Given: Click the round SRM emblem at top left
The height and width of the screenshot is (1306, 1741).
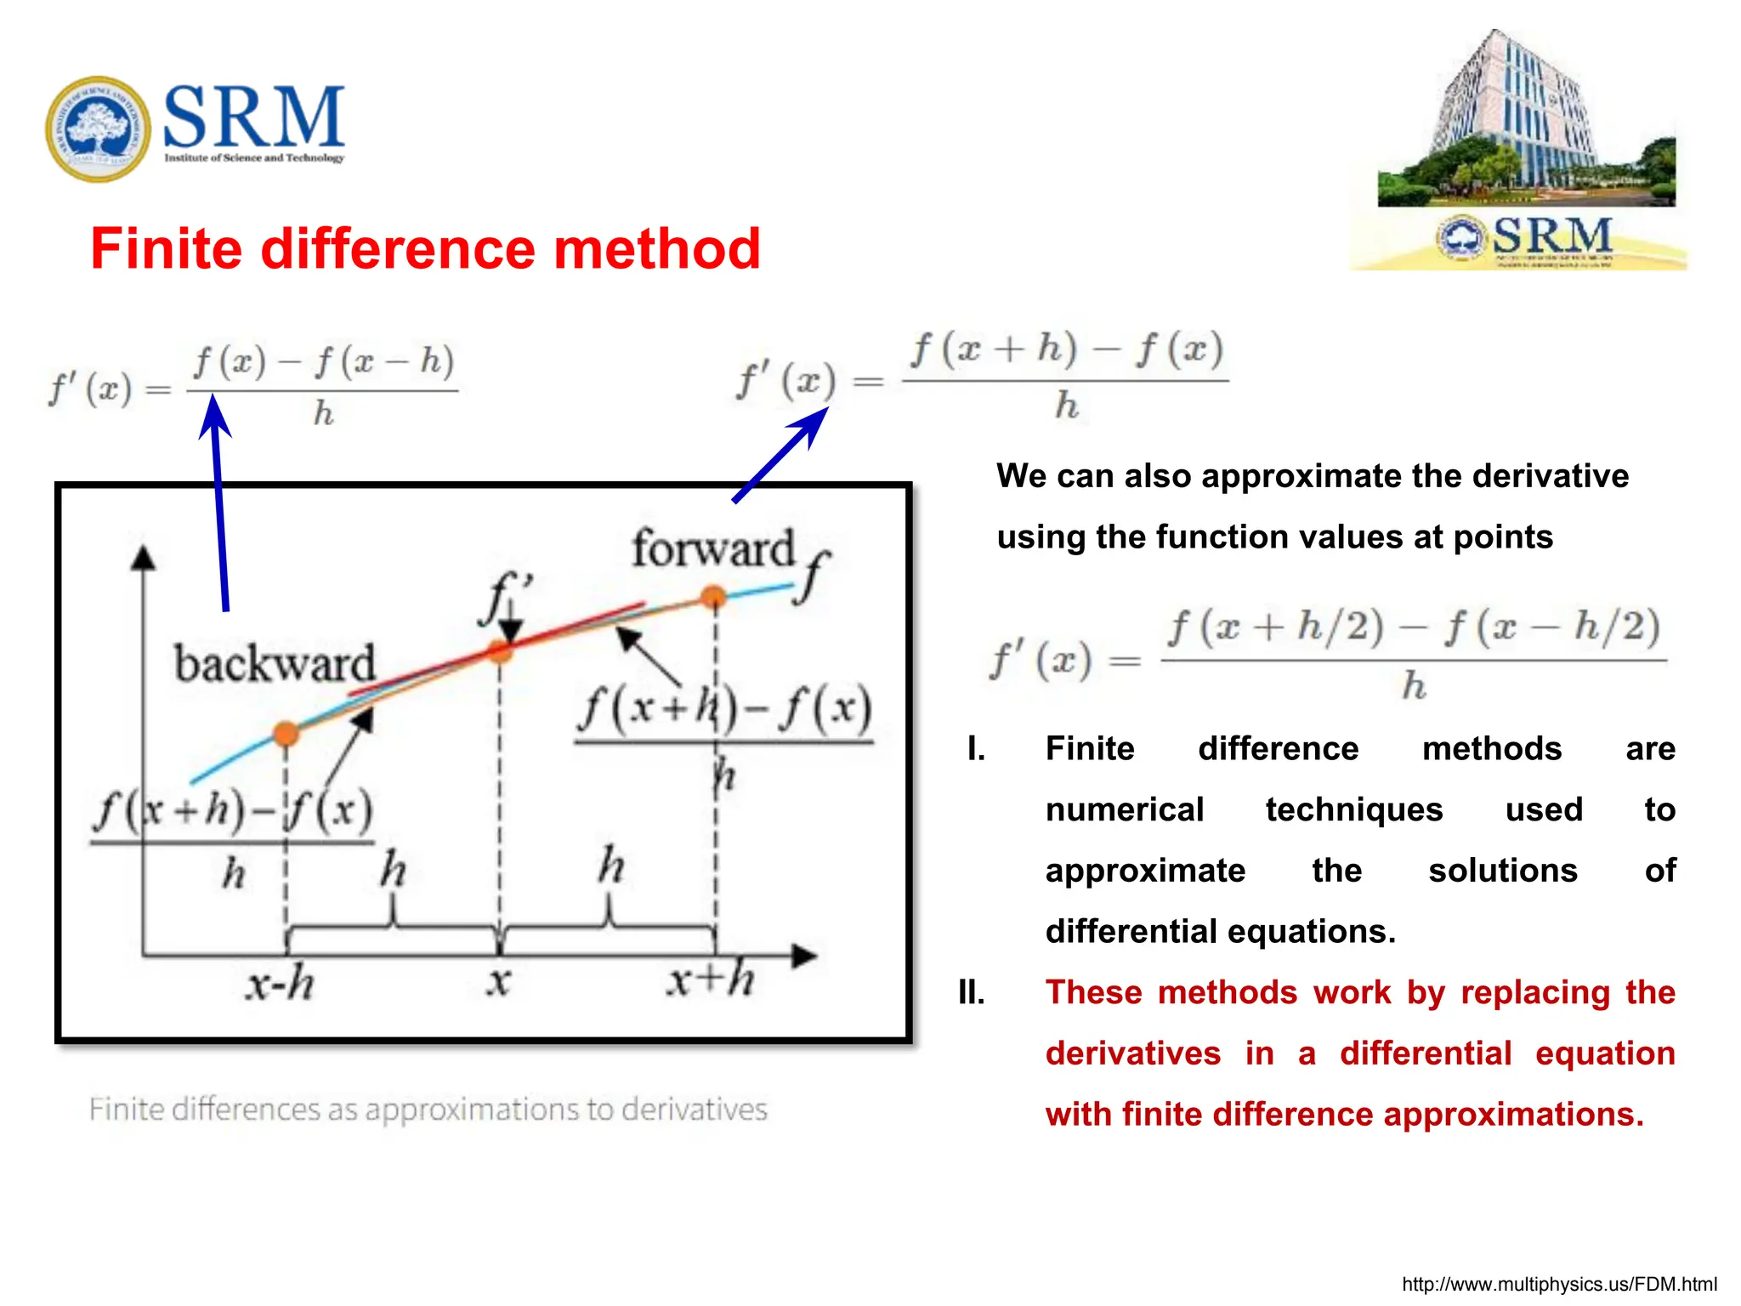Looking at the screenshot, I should pyautogui.click(x=98, y=128).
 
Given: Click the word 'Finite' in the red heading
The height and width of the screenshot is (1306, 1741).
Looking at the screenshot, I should pyautogui.click(x=166, y=249).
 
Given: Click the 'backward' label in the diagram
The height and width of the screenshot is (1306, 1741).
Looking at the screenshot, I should pyautogui.click(x=274, y=664).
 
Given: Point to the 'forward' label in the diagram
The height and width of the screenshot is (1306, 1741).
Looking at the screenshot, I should pyautogui.click(x=712, y=548).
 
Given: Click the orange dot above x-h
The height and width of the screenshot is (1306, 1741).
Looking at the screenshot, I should pyautogui.click(x=286, y=733).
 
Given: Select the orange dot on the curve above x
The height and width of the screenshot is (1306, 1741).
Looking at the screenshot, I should pyautogui.click(x=500, y=652).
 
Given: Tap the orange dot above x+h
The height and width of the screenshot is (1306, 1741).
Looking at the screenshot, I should pyautogui.click(x=713, y=597).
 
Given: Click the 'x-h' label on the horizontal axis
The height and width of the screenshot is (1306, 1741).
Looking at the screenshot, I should pyautogui.click(x=280, y=985).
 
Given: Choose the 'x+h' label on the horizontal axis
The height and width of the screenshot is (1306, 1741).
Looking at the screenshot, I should pyautogui.click(x=711, y=980).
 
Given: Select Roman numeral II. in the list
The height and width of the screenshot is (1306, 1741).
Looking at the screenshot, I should pyautogui.click(x=971, y=992).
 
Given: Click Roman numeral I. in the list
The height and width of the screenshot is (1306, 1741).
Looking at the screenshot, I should pyautogui.click(x=976, y=749).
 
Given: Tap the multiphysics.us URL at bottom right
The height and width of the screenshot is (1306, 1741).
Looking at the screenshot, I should pyautogui.click(x=1558, y=1284).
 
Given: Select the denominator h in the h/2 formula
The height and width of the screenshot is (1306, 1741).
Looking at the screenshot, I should pyautogui.click(x=1413, y=685).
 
